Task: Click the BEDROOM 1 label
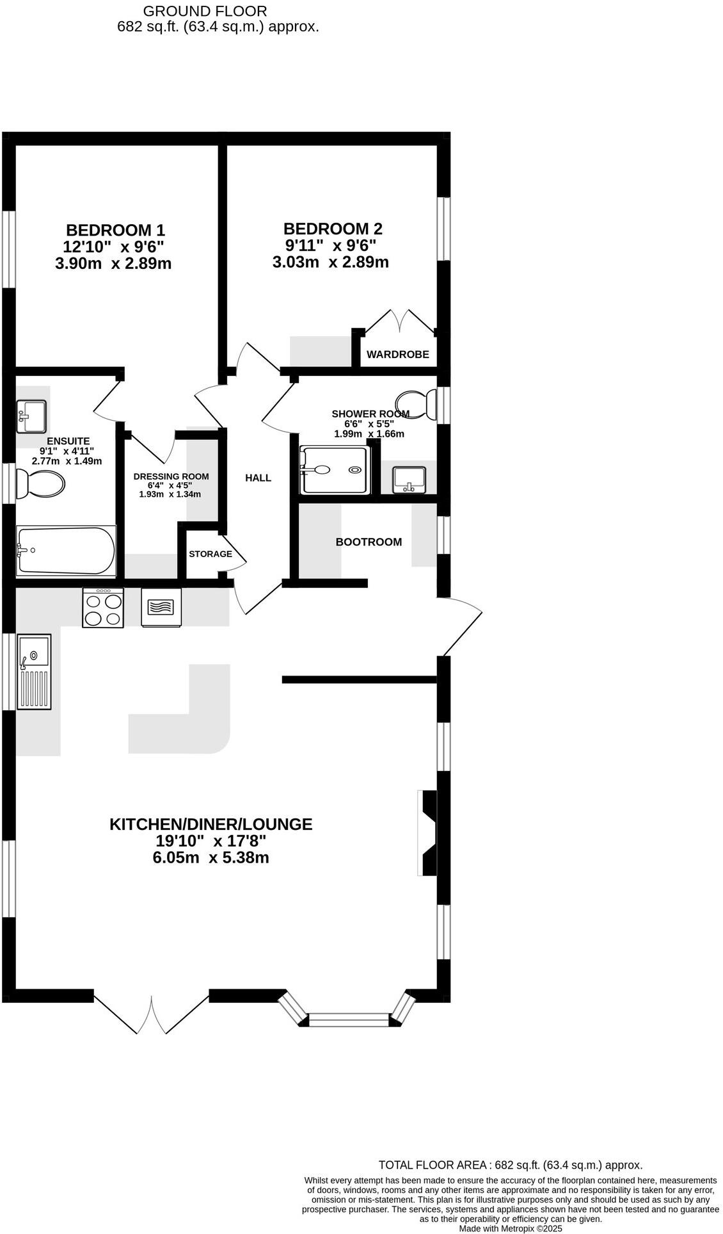coord(116,229)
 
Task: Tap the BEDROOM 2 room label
coord(333,229)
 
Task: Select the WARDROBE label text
coord(397,354)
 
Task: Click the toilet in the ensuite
coord(40,483)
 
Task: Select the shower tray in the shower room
coord(335,470)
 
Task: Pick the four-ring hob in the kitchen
coord(103,608)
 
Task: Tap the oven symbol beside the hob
coord(161,606)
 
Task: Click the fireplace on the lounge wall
coord(427,832)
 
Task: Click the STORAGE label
coord(210,553)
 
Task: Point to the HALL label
coord(258,478)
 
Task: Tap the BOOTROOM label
coord(369,542)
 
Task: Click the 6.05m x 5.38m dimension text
coord(211,857)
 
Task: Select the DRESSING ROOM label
coord(171,476)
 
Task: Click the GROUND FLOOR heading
coord(205,11)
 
